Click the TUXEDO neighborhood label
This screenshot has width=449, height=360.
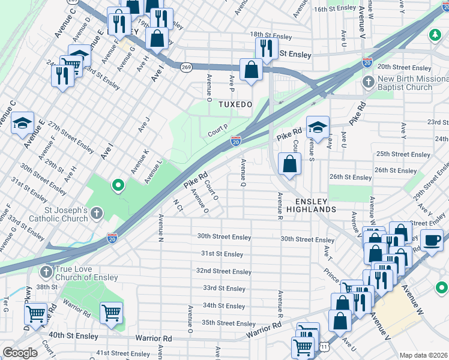click(x=235, y=104)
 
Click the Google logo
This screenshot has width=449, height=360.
click(x=20, y=353)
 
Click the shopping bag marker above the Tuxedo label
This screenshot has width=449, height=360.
click(x=250, y=70)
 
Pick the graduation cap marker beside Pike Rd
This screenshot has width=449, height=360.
click(x=318, y=127)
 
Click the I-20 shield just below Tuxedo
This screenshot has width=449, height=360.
click(x=236, y=141)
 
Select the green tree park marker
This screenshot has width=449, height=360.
click(x=434, y=35)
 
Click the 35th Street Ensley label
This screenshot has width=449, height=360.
click(x=228, y=323)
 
